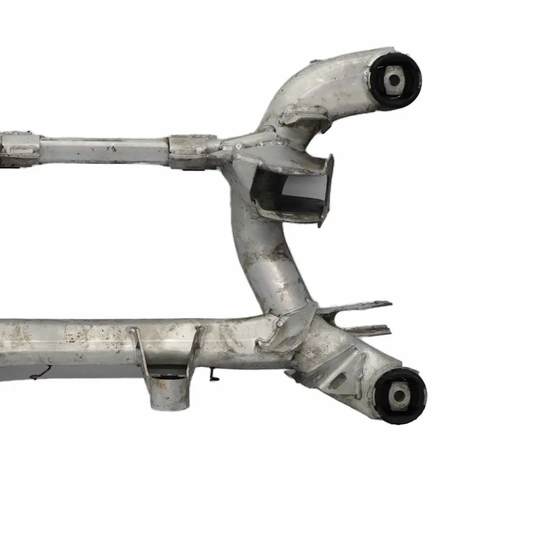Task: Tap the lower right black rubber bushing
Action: click(x=400, y=396)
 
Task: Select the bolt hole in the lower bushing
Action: click(x=399, y=396)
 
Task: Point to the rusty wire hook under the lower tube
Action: click(x=41, y=374)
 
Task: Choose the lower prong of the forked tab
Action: click(x=367, y=331)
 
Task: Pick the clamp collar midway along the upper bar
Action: click(x=187, y=151)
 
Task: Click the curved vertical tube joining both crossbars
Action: click(x=263, y=253)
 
